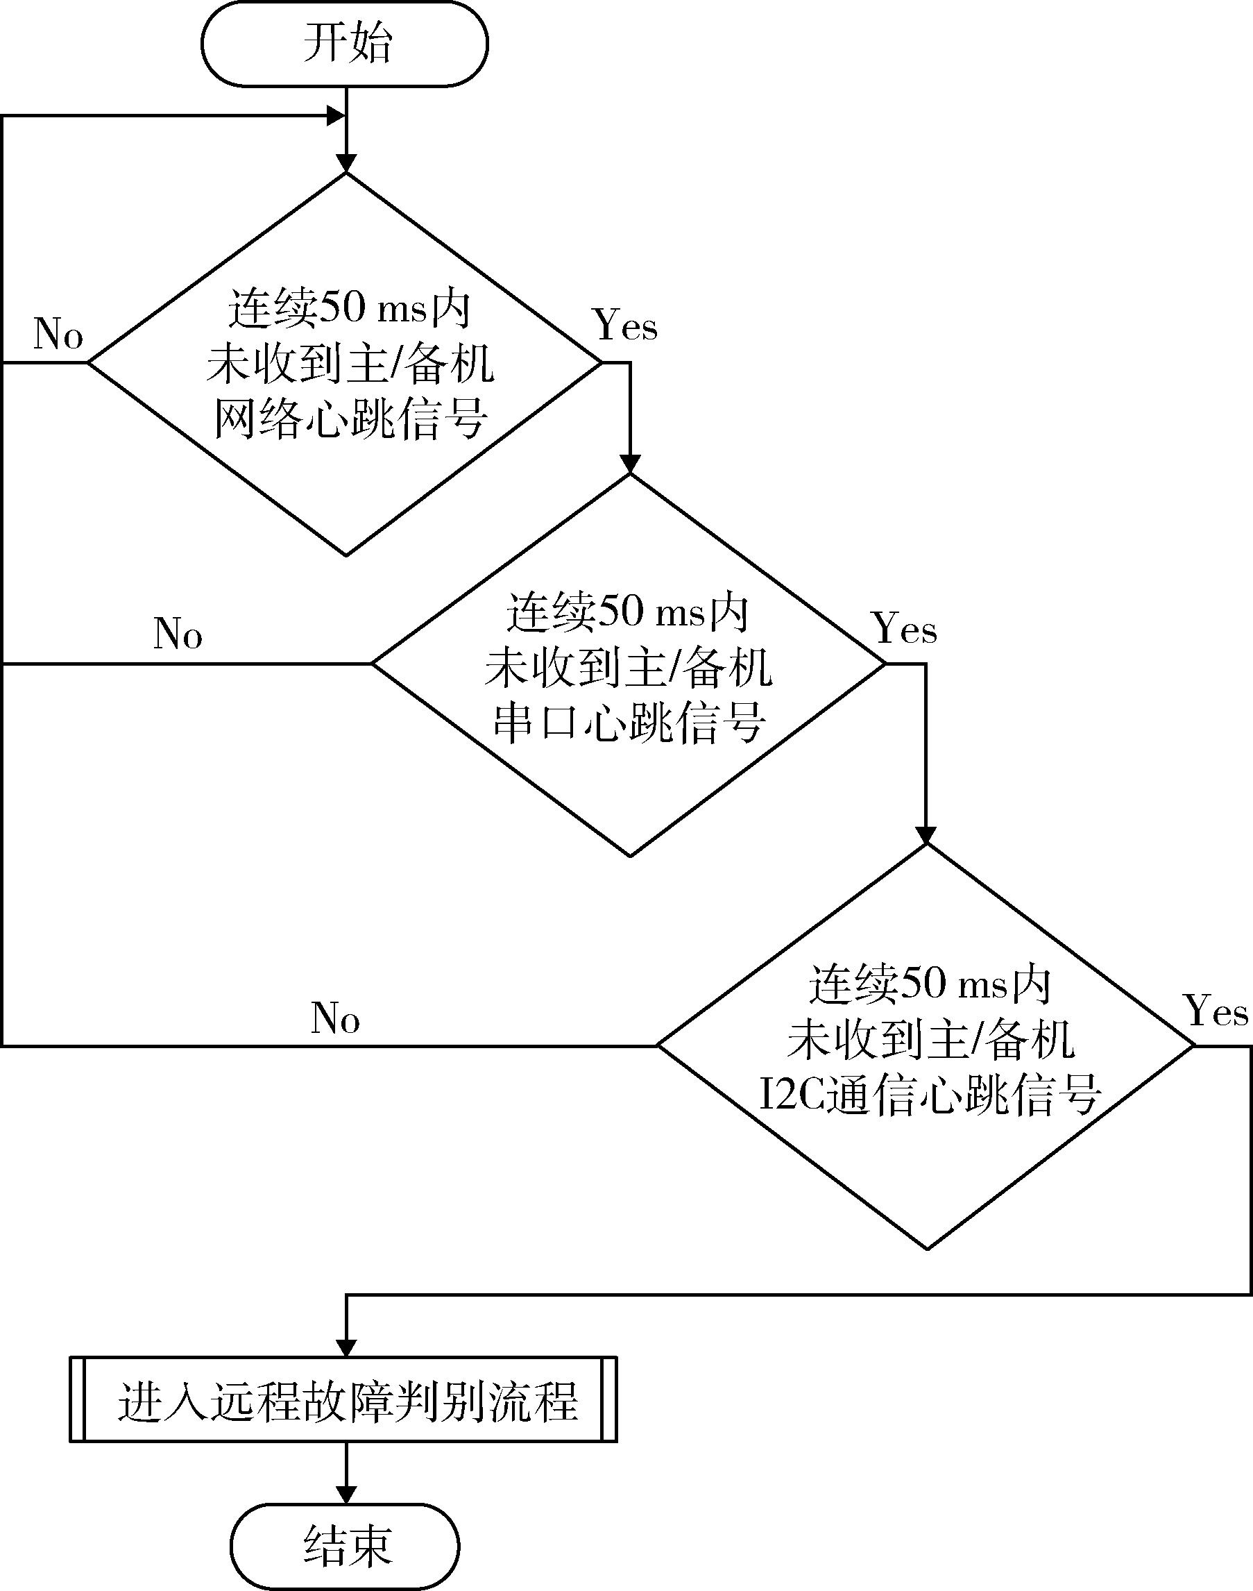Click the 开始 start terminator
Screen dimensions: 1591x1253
pos(345,43)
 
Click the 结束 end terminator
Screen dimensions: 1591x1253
pos(345,1544)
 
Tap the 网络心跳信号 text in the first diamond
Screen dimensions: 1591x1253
pos(350,420)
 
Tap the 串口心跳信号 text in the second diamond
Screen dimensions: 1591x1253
pos(629,722)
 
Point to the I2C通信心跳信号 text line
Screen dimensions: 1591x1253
pos(930,1095)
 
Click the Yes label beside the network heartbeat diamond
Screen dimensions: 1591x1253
pos(625,325)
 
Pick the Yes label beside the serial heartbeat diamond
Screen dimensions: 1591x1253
pos(905,629)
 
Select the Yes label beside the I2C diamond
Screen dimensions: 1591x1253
pos(1216,1011)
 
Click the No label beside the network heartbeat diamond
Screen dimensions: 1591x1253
pos(59,334)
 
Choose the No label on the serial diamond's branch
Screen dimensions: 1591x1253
pos(178,633)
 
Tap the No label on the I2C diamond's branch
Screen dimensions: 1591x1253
pos(335,1018)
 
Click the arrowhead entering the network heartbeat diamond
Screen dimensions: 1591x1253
pos(346,164)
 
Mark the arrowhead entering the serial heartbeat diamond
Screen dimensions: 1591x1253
pos(629,464)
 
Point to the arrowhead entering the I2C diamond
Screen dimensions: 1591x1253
pos(926,835)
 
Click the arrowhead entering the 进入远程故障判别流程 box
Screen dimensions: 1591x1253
pos(346,1347)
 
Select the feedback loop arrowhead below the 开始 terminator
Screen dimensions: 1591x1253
pos(335,116)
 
